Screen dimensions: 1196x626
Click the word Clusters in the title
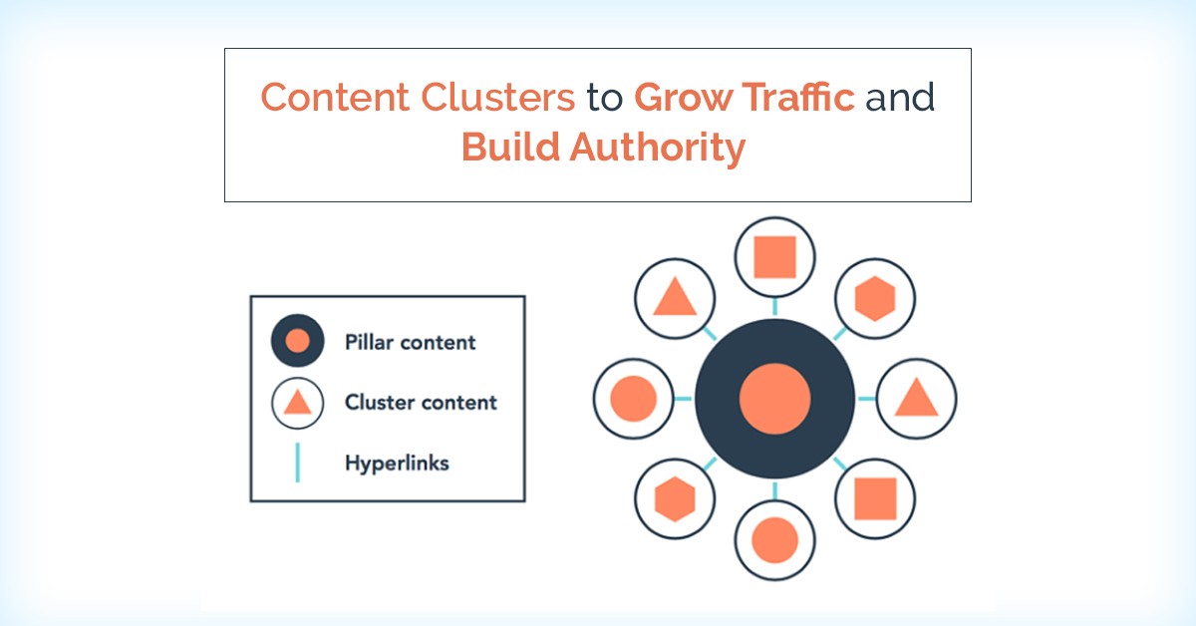click(x=497, y=98)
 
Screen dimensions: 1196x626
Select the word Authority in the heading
click(x=657, y=148)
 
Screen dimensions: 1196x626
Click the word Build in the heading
click(x=510, y=147)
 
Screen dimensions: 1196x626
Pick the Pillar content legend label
click(x=410, y=342)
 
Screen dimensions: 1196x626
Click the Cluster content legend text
click(x=421, y=402)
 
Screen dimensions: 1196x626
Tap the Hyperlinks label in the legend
click(x=397, y=464)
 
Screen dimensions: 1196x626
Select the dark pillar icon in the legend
click(x=297, y=340)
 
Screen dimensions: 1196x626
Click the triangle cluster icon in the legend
click(x=297, y=403)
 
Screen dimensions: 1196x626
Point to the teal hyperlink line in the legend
click(x=297, y=463)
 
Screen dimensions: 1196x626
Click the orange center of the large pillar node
click(x=774, y=399)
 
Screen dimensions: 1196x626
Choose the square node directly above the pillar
click(x=774, y=257)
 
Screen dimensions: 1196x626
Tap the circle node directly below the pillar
click(x=774, y=540)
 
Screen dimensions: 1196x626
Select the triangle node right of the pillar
click(x=916, y=399)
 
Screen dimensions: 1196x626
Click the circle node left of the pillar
click(x=633, y=399)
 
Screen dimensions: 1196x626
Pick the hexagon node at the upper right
click(x=875, y=299)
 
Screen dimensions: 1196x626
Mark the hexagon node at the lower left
click(x=675, y=498)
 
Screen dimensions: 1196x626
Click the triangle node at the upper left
click(x=675, y=299)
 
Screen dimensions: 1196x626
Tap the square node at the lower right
click(x=875, y=498)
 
